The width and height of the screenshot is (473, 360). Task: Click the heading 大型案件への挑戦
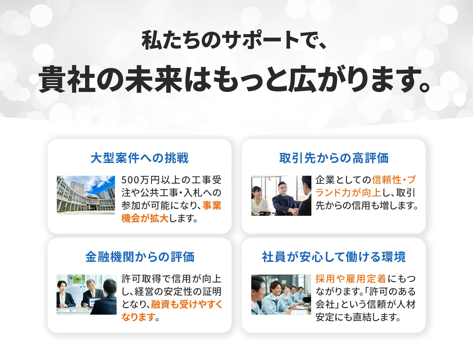[x=139, y=158]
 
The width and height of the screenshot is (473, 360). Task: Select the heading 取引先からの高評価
[x=334, y=158]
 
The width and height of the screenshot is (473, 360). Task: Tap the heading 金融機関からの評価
[x=140, y=257]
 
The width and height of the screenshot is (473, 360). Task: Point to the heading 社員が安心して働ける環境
[x=334, y=257]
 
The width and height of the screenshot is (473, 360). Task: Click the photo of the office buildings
[x=86, y=195]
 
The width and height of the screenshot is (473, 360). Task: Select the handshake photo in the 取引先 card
[x=281, y=196]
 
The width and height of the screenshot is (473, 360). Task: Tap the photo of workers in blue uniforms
[x=281, y=295]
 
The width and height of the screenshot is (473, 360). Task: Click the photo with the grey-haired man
[x=86, y=295]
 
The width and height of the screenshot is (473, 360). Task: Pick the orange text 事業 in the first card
[x=212, y=206]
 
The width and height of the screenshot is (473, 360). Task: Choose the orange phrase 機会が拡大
[x=145, y=218]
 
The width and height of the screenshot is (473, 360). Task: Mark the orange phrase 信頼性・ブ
[x=394, y=180]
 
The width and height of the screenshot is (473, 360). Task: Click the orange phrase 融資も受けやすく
[x=187, y=304]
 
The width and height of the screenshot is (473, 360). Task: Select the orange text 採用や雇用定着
[x=350, y=279]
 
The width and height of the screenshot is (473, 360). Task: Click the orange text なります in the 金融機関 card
[x=138, y=317]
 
